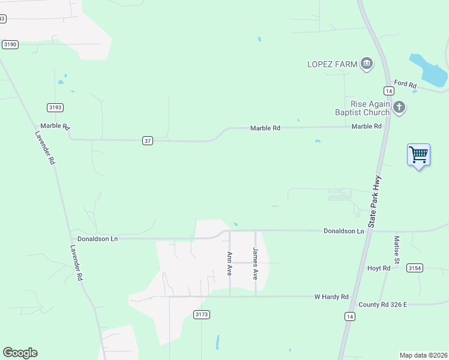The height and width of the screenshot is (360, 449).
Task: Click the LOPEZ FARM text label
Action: click(x=333, y=64)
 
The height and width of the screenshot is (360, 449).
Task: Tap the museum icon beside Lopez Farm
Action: click(x=367, y=64)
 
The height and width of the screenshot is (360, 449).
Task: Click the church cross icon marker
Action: click(x=399, y=107)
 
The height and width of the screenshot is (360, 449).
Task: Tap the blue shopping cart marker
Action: click(x=418, y=155)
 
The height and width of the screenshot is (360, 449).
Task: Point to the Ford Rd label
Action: click(x=405, y=85)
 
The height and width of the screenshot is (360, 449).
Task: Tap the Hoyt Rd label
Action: click(x=379, y=268)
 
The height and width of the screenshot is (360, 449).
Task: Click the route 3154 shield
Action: click(x=414, y=268)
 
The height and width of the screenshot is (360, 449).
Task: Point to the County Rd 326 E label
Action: click(x=383, y=305)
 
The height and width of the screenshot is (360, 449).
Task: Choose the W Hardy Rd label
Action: click(x=331, y=297)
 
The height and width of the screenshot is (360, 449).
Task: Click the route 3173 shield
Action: click(x=202, y=314)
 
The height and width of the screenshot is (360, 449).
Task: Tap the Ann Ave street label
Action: click(x=229, y=263)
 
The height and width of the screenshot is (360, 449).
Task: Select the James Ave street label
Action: click(x=256, y=263)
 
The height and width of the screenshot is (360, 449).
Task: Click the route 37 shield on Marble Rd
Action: click(x=148, y=140)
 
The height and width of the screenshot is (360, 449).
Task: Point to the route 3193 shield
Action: click(x=55, y=107)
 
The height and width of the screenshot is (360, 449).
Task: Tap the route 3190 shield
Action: click(x=10, y=44)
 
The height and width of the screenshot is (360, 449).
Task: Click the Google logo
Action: click(x=20, y=353)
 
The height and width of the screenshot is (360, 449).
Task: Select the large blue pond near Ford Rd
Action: click(x=429, y=70)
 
